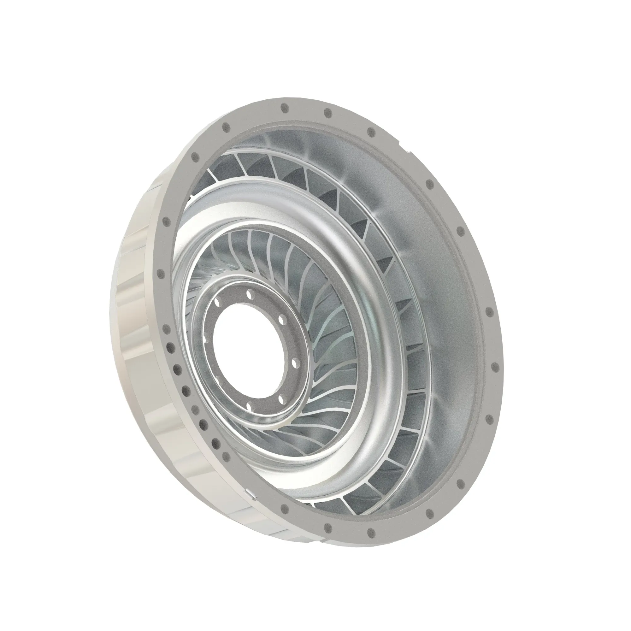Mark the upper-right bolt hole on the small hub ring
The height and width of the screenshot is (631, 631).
(x=282, y=316)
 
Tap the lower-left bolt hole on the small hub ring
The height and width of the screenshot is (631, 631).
(x=216, y=379)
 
